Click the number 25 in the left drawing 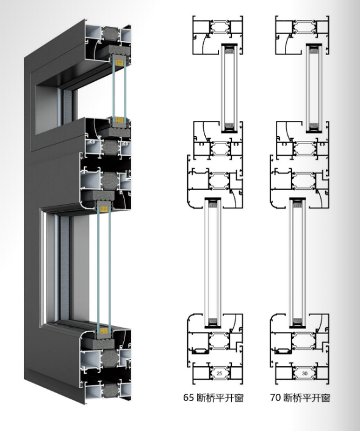pos(219,373)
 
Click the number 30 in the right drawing pos(304,373)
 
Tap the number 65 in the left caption pos(189,397)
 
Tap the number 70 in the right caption pos(275,397)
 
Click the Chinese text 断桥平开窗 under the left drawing pos(220,398)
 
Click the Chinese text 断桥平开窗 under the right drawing pos(307,398)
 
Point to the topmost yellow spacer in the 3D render pos(119,63)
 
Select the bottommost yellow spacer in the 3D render pos(104,331)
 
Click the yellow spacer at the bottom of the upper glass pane pos(119,120)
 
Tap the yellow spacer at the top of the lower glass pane pos(104,209)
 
